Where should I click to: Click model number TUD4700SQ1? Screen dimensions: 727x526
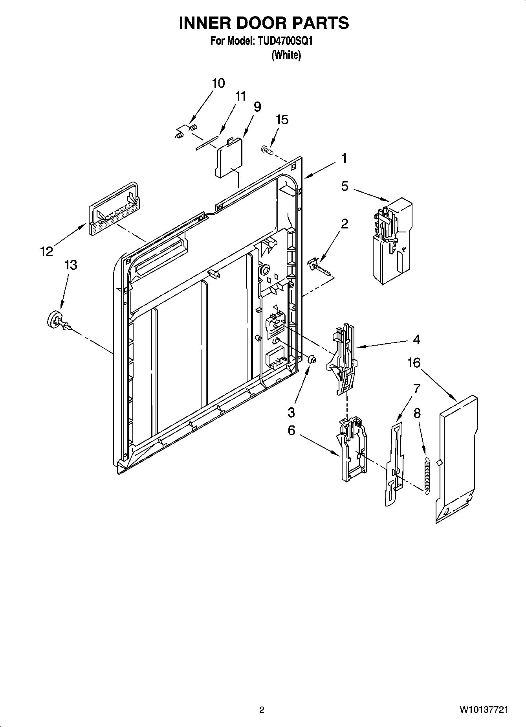click(285, 41)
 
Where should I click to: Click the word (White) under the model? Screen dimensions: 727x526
click(286, 55)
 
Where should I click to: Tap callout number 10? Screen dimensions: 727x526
click(218, 83)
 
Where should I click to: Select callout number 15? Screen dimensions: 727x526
click(282, 120)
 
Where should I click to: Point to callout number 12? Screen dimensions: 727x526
click(47, 251)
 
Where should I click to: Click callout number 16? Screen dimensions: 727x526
click(414, 363)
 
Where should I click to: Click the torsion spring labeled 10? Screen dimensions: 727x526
click(186, 131)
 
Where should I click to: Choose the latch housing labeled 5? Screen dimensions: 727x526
click(392, 240)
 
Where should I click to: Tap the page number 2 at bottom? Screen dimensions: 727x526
click(262, 710)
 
